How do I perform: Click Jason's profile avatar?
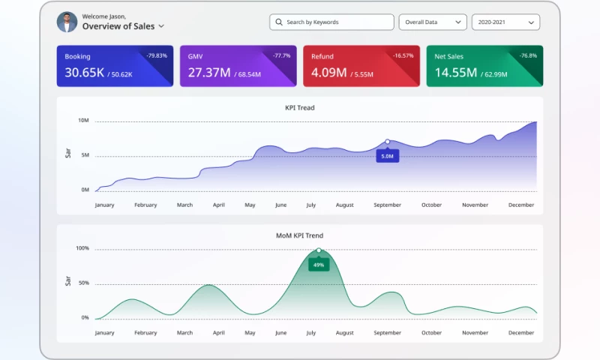click(67, 22)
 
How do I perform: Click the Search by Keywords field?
click(331, 22)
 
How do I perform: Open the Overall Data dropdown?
click(432, 22)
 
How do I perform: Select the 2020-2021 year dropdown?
click(505, 22)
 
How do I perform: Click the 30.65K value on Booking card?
click(84, 73)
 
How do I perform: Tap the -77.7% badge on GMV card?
click(282, 55)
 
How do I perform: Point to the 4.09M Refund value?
click(328, 73)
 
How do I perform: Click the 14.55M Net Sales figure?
click(455, 73)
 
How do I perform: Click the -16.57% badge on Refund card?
click(403, 55)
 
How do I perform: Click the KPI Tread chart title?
click(300, 108)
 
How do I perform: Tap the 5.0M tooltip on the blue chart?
click(387, 156)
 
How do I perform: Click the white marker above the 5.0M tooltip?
click(387, 141)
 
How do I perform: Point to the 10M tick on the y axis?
click(84, 121)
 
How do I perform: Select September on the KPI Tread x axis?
click(387, 205)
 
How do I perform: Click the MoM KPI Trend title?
click(300, 235)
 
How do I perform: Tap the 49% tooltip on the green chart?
click(319, 265)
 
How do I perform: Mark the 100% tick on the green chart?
click(82, 248)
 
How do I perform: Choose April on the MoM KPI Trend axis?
click(219, 332)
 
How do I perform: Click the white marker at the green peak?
click(319, 250)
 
